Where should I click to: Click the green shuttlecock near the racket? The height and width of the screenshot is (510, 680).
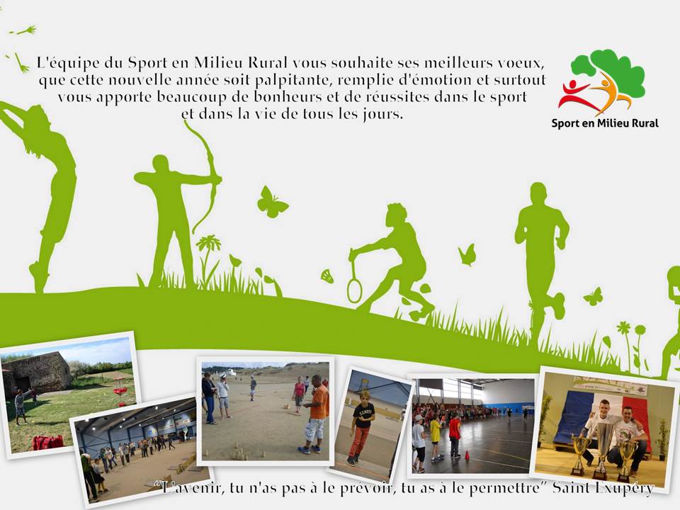[327, 276]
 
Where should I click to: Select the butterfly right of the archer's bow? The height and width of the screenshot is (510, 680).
[271, 202]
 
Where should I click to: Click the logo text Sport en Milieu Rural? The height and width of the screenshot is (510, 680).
[605, 123]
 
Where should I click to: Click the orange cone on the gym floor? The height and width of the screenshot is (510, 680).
[467, 455]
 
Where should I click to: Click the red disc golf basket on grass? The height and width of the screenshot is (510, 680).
[120, 392]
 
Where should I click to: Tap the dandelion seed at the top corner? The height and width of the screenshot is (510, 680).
[25, 30]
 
